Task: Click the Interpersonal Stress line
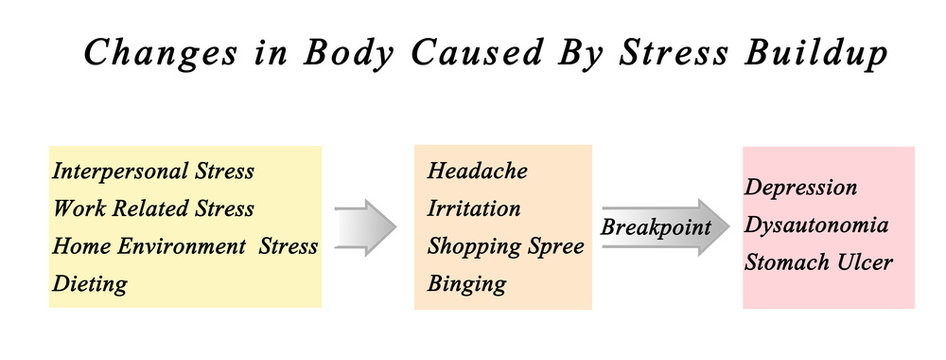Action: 153,171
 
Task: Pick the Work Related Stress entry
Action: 153,209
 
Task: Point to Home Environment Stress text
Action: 185,246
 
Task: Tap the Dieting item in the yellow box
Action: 90,284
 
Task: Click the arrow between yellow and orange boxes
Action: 365,227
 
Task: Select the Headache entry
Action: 477,171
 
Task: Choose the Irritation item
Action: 474,209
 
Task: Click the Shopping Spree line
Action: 505,246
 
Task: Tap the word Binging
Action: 467,284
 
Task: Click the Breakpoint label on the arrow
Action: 655,227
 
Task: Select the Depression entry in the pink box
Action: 801,188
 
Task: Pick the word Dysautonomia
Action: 817,225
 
